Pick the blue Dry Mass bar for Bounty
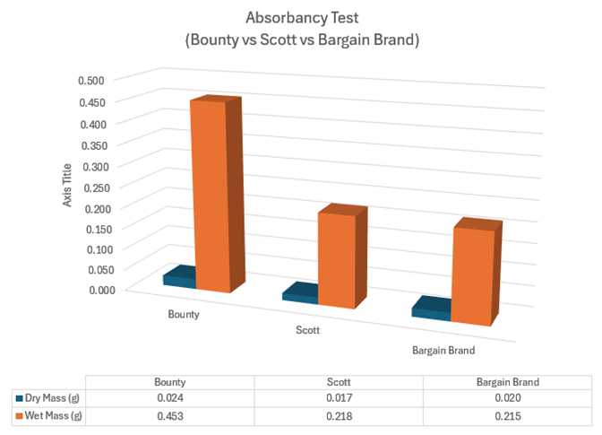[179, 279]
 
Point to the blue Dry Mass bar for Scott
[300, 293]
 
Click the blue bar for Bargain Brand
[431, 309]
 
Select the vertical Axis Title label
[67, 184]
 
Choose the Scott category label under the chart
[308, 330]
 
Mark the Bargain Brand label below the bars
[443, 349]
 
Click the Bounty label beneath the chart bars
[184, 315]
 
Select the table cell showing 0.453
[169, 415]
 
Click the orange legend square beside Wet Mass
[20, 415]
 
